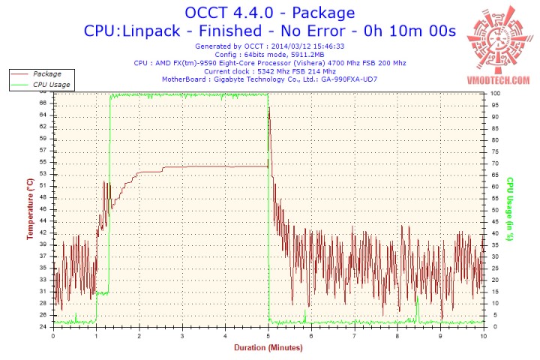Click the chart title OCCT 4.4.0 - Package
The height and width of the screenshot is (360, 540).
(x=270, y=13)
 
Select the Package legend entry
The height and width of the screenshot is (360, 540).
(x=47, y=74)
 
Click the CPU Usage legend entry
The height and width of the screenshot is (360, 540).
(x=51, y=85)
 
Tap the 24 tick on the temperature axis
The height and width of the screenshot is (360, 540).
(x=44, y=327)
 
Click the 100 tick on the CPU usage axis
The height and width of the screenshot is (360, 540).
(x=496, y=93)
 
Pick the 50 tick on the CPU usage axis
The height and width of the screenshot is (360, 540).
(x=494, y=210)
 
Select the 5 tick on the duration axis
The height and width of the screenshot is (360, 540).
(x=268, y=336)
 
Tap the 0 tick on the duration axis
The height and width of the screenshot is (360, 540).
(x=52, y=336)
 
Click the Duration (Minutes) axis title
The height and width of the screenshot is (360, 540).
(x=268, y=348)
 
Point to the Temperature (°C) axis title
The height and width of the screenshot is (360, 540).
(x=30, y=209)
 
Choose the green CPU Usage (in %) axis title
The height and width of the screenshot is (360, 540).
(x=509, y=208)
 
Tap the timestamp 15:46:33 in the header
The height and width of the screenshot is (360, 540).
(x=328, y=46)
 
